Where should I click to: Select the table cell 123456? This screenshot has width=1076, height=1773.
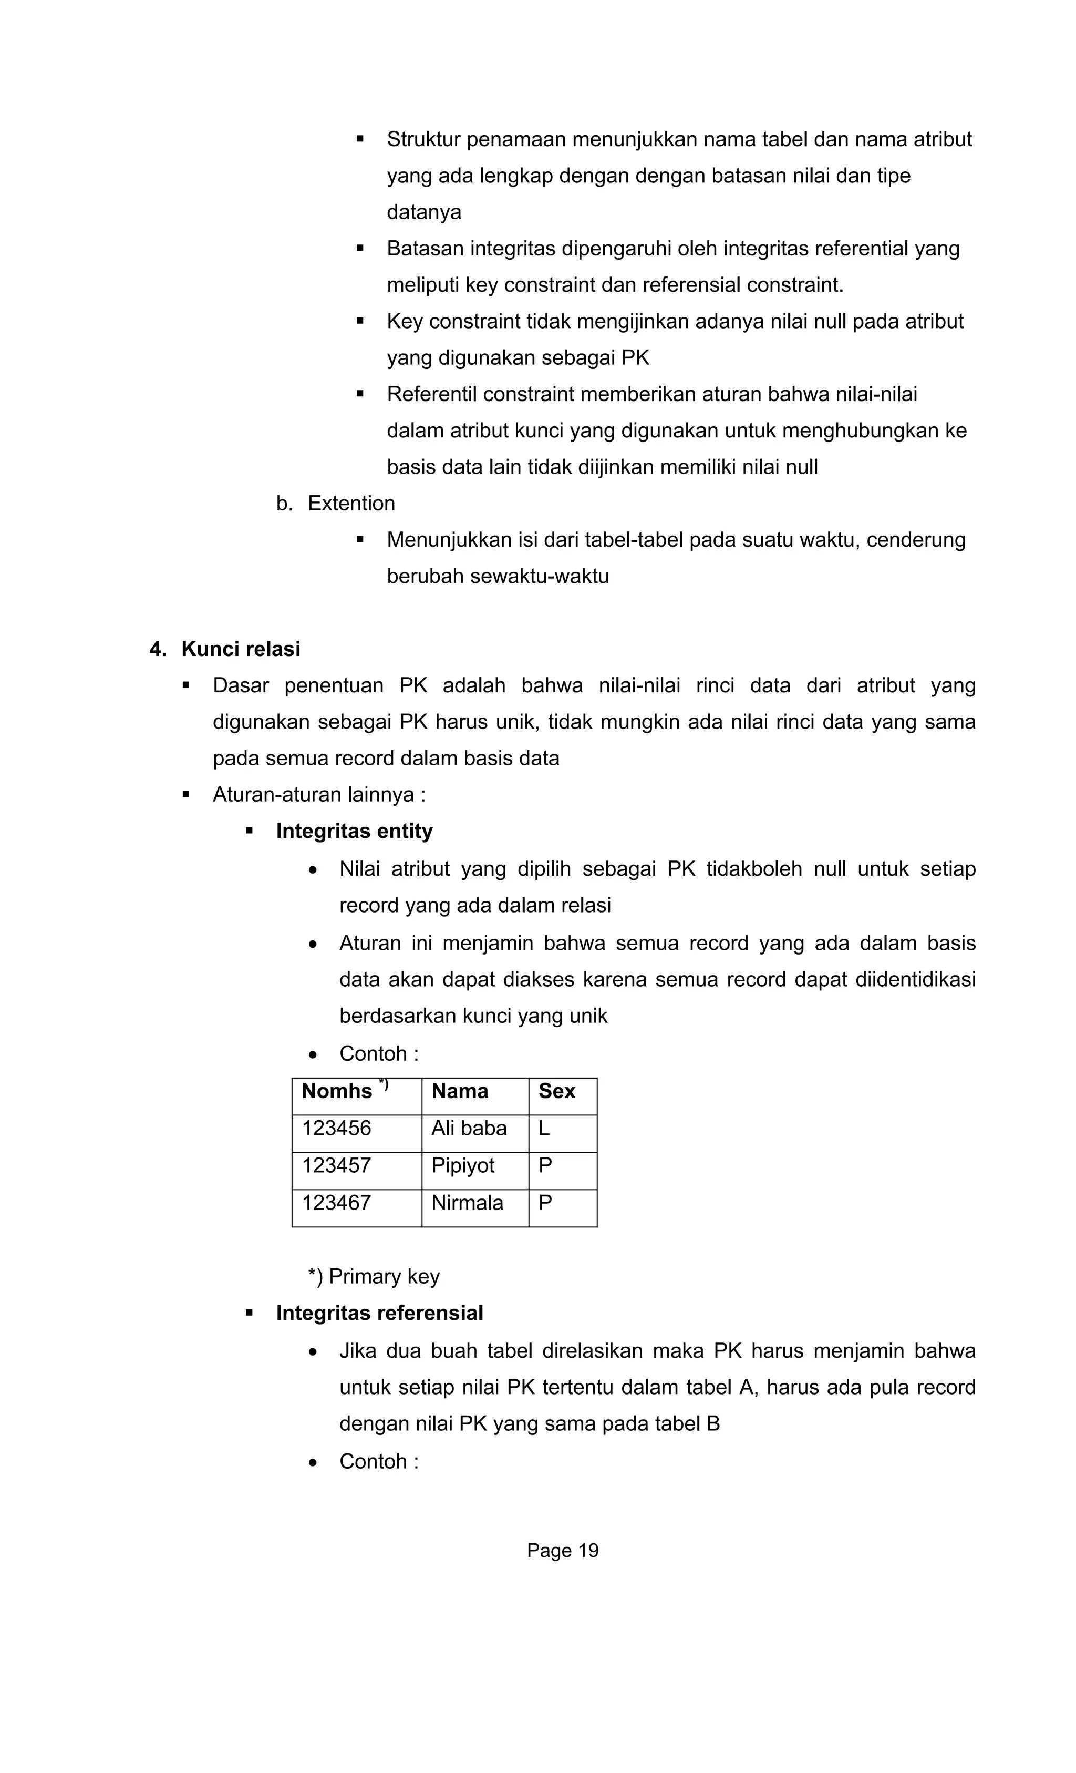(x=337, y=1128)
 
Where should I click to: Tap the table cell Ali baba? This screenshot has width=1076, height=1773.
(x=469, y=1128)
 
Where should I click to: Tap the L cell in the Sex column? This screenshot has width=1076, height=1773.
(x=544, y=1128)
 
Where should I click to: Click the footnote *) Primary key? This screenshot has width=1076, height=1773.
(x=374, y=1276)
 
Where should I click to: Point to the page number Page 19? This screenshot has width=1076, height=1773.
(x=563, y=1551)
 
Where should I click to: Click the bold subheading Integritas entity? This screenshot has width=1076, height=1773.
(x=354, y=831)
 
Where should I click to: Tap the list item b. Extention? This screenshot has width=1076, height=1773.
(x=336, y=504)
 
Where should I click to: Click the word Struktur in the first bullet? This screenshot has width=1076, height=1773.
(x=423, y=139)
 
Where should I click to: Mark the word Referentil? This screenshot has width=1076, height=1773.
(x=431, y=394)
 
